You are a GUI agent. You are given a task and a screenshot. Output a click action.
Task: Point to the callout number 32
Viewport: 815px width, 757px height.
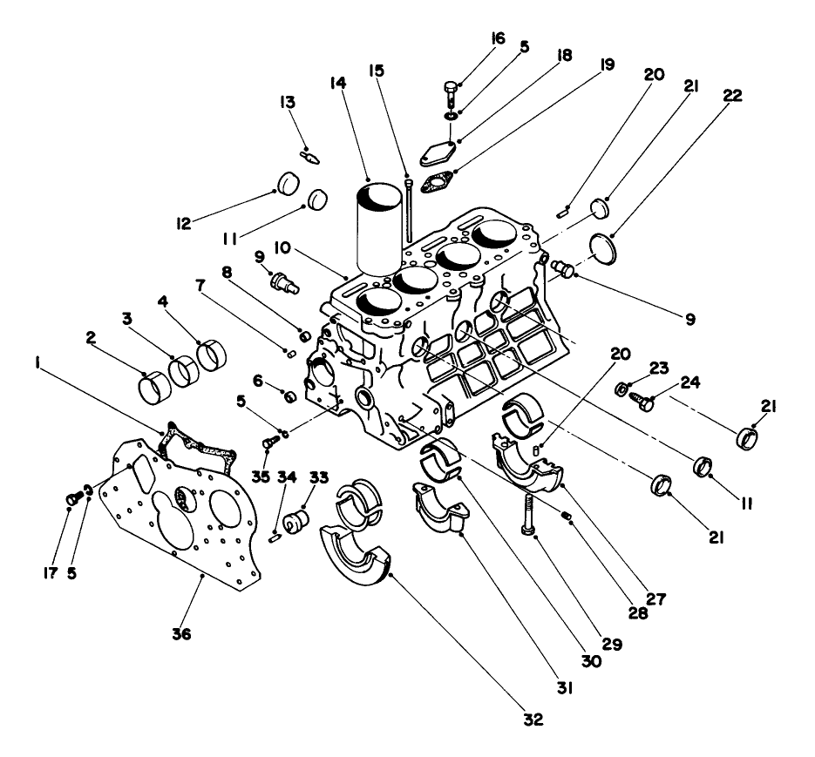coord(533,720)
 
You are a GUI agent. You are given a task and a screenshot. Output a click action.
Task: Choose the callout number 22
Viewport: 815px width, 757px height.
coord(732,97)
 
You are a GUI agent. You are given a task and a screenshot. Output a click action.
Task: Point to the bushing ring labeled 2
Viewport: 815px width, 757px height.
coord(154,383)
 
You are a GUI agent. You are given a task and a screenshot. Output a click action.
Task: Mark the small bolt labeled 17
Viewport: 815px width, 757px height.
coord(73,498)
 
